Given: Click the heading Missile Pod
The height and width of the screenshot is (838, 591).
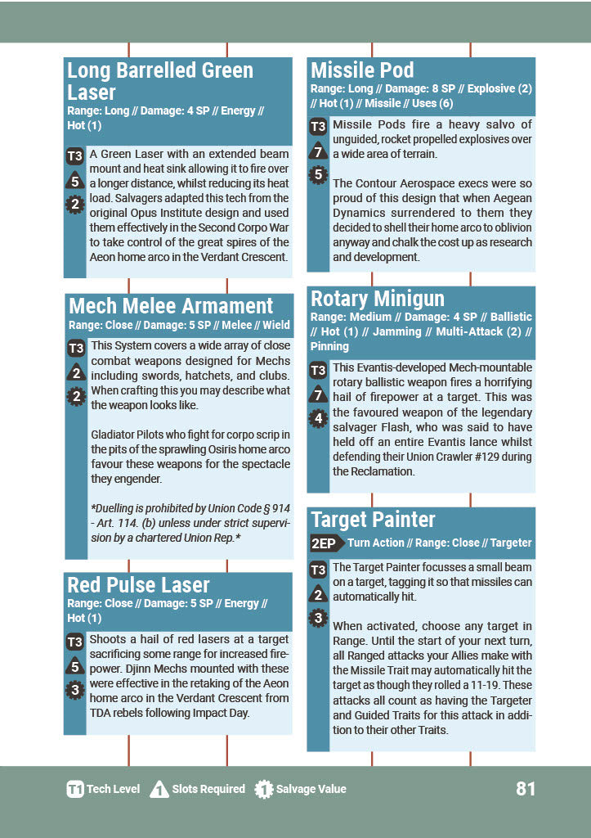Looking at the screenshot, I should (x=362, y=70).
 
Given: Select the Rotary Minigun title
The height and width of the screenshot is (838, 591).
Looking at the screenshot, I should (x=378, y=299).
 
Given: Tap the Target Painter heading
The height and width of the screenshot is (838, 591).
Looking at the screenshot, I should (x=373, y=520).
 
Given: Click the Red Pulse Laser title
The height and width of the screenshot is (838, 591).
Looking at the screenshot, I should (x=138, y=585).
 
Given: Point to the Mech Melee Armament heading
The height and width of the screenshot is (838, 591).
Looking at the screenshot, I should (x=171, y=307).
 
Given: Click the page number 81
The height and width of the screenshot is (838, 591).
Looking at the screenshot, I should (x=526, y=789).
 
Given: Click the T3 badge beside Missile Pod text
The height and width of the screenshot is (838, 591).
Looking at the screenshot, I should (x=318, y=127).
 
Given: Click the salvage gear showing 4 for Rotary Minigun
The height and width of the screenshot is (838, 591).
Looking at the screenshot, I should (x=318, y=420).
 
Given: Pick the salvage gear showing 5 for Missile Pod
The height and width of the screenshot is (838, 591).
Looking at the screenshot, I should (x=318, y=174).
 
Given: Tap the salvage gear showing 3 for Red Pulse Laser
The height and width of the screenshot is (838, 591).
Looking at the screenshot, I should (x=74, y=690).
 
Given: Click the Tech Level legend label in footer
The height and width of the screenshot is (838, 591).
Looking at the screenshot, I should (x=113, y=790).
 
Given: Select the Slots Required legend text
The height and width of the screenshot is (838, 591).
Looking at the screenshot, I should (x=208, y=790).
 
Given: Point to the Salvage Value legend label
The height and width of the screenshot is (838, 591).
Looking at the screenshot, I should (x=311, y=790).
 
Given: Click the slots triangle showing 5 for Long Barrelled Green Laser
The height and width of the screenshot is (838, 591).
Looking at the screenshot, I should (x=74, y=182).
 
